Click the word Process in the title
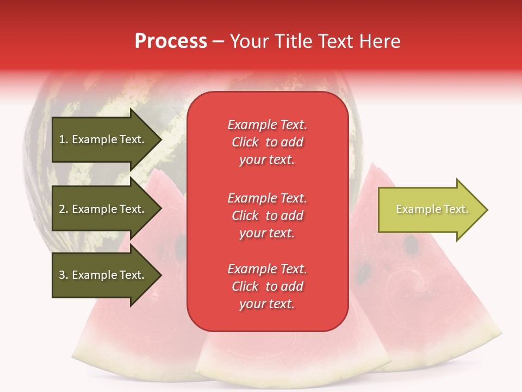(171, 41)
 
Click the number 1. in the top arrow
(64, 139)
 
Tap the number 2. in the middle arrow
(64, 209)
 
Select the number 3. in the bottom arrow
(64, 275)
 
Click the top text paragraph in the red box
(267, 142)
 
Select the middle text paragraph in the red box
(267, 216)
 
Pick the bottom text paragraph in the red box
(267, 286)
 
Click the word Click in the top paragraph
(245, 142)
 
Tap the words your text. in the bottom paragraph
(267, 304)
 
